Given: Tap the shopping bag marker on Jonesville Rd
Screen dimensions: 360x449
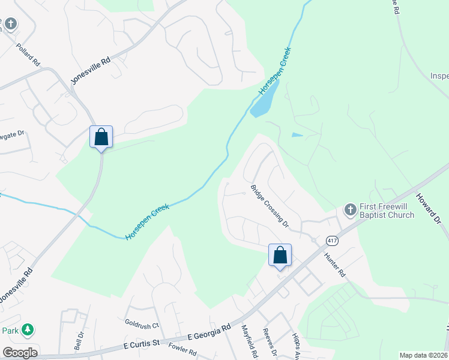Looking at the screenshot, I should (x=101, y=137).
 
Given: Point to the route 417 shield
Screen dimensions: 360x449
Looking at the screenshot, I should (x=331, y=240).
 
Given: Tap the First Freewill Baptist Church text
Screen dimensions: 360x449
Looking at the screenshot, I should (x=387, y=211).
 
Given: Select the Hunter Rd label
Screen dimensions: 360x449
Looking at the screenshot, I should (x=334, y=265).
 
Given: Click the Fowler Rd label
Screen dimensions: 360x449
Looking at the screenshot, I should (x=182, y=349).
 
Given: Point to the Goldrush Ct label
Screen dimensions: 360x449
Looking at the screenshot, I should (x=142, y=325).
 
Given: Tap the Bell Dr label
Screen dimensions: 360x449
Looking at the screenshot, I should (x=77, y=340).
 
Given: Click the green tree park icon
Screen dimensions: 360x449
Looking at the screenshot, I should (x=26, y=329).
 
